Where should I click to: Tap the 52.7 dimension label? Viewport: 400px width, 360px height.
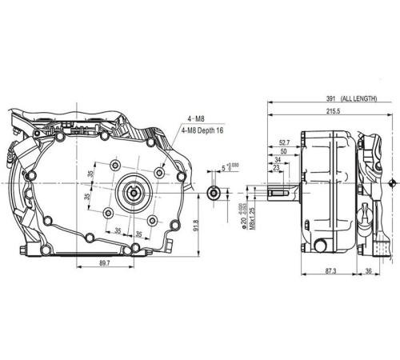click(284, 143)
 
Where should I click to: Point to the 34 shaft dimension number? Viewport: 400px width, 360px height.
click(277, 161)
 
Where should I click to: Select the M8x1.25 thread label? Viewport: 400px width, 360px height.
click(250, 216)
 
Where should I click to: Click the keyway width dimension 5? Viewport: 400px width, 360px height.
click(223, 169)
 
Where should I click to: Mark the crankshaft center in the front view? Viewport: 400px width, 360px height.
click(134, 191)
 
